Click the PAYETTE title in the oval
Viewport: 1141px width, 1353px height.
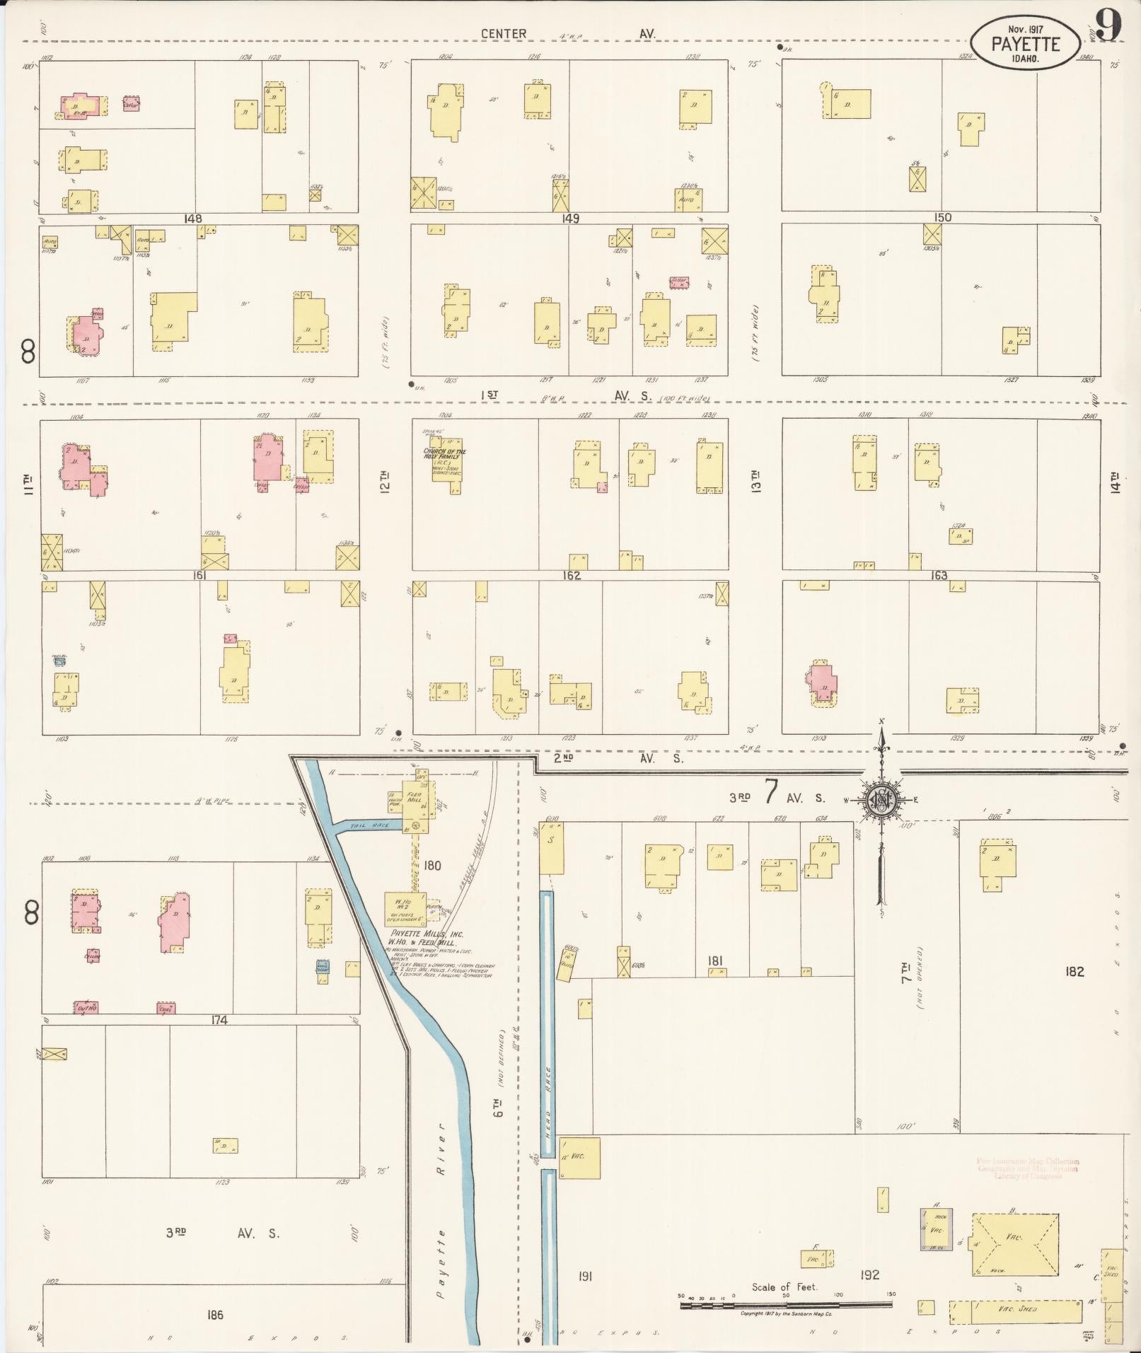coord(1025,45)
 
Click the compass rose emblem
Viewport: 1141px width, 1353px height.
coord(882,800)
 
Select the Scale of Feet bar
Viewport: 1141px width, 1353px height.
coord(785,1305)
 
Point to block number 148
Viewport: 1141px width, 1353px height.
coord(193,219)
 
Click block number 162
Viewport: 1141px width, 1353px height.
coord(572,576)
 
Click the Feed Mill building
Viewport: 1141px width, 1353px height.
coord(414,805)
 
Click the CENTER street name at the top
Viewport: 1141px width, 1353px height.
coord(504,34)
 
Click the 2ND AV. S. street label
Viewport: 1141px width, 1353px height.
coord(618,758)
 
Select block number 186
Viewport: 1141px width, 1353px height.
coord(215,1315)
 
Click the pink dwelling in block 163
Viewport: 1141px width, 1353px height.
coord(823,683)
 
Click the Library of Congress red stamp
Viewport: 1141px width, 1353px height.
coord(1028,1168)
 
